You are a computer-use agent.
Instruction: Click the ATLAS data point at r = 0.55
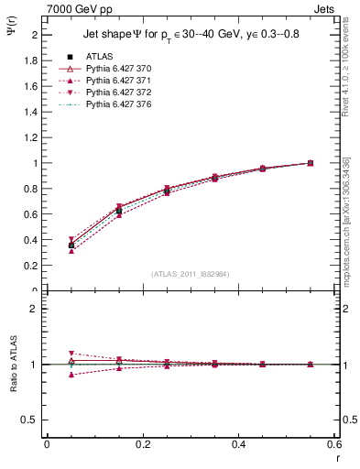[311, 163]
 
